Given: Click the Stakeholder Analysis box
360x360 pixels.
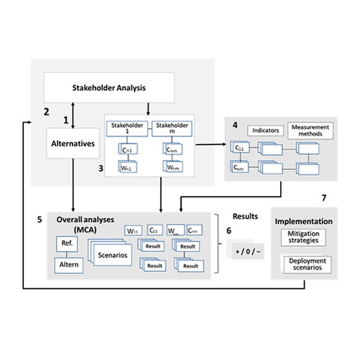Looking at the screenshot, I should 109,88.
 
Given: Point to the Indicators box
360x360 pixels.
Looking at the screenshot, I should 266,130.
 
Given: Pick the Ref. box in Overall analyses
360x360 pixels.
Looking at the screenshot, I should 64,244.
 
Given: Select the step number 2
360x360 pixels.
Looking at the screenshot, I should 46,111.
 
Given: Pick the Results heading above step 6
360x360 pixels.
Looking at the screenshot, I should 246,217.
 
